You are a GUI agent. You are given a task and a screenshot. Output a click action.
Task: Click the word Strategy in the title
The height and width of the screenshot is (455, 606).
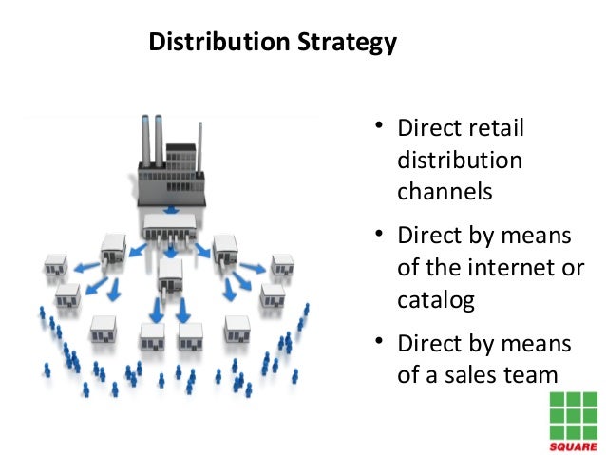point(346,44)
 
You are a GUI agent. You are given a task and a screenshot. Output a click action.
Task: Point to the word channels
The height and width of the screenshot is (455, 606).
point(445,190)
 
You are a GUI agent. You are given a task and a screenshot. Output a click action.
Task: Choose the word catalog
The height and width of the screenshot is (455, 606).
point(435,299)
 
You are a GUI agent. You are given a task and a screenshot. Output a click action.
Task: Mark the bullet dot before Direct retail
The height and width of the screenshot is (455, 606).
point(378,126)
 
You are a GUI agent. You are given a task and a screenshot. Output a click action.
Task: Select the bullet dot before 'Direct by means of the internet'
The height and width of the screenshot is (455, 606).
point(378,234)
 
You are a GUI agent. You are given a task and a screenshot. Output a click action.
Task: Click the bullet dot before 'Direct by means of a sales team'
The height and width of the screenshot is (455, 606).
point(378,341)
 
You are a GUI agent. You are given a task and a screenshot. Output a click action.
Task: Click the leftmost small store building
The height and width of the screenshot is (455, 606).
point(56,263)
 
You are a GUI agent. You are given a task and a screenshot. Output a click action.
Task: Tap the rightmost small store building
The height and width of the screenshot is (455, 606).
point(282,264)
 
